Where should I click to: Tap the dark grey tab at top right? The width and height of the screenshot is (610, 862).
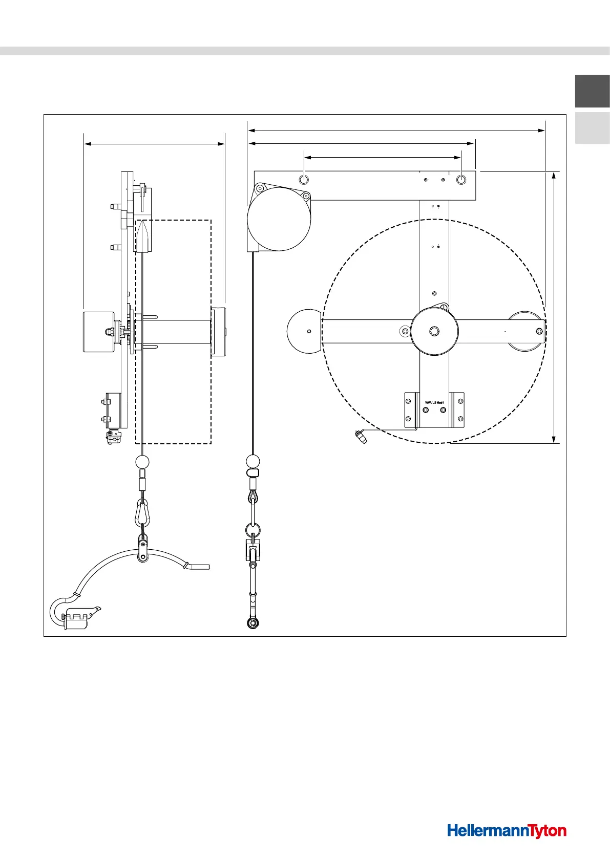pyautogui.click(x=592, y=91)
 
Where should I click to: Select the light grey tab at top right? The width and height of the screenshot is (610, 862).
pyautogui.click(x=592, y=128)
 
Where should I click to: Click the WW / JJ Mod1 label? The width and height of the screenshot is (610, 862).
pyautogui.click(x=434, y=402)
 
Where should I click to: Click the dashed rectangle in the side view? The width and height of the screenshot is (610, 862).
pyautogui.click(x=211, y=333)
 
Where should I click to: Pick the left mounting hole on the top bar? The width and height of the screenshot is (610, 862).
pyautogui.click(x=304, y=180)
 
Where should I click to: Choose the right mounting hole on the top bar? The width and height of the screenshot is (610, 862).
pyautogui.click(x=461, y=180)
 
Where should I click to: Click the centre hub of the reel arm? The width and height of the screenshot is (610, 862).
pyautogui.click(x=434, y=331)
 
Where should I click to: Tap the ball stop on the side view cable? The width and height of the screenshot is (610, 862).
pyautogui.click(x=142, y=462)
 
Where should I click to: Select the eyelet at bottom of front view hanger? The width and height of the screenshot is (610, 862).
pyautogui.click(x=252, y=622)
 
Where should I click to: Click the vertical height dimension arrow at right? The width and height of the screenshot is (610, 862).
pyautogui.click(x=554, y=307)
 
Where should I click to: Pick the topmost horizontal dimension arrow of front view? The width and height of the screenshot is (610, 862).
pyautogui.click(x=396, y=131)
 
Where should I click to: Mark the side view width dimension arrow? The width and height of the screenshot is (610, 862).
pyautogui.click(x=154, y=144)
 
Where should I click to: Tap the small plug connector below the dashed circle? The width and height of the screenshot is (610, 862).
pyautogui.click(x=362, y=438)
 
